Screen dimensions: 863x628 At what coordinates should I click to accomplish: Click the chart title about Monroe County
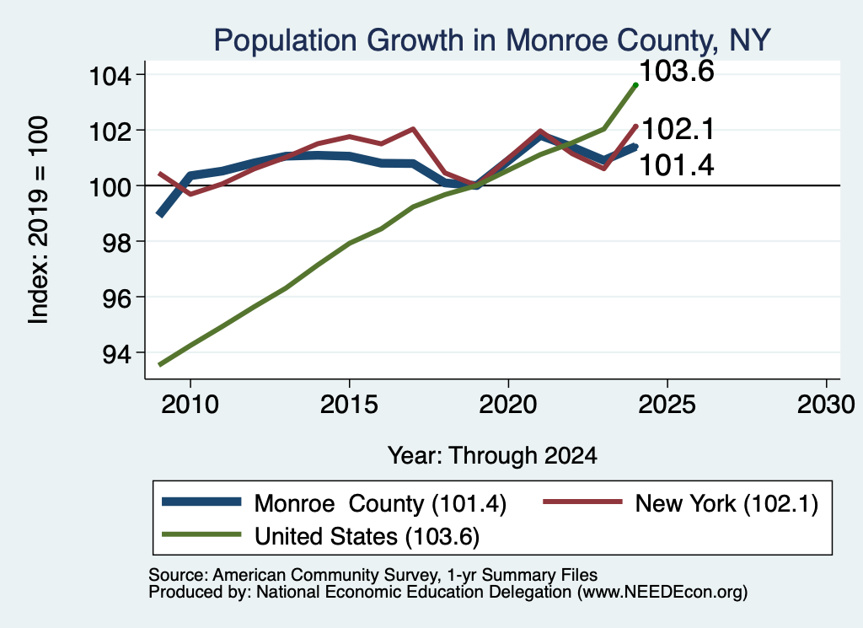(492, 40)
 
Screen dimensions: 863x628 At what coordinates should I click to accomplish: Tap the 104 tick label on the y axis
(110, 75)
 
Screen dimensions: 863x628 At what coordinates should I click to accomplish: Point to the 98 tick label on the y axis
(117, 242)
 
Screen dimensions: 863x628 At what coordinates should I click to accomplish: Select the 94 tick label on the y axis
(117, 353)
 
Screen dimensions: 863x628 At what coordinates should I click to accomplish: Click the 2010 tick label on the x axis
(190, 405)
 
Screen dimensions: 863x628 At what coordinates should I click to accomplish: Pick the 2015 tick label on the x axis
(349, 405)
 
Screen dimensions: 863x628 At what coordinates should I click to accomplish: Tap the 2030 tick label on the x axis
(826, 405)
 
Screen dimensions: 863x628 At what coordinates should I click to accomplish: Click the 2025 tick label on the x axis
(667, 405)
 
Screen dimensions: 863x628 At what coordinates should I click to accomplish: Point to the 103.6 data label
(677, 72)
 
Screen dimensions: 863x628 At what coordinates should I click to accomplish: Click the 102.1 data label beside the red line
(678, 129)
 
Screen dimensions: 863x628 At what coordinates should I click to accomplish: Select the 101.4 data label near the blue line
(677, 165)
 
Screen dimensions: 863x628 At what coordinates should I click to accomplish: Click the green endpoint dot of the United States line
(635, 85)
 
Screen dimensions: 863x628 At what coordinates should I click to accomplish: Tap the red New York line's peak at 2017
(413, 129)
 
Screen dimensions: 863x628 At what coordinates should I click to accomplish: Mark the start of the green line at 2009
(159, 364)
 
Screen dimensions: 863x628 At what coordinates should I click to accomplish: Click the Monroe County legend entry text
(380, 503)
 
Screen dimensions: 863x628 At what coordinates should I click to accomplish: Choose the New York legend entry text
(726, 503)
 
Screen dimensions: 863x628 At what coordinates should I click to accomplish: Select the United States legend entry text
(367, 537)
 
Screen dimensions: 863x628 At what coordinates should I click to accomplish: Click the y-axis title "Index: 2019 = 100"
(38, 220)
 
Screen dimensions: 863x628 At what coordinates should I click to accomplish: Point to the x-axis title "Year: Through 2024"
(492, 456)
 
